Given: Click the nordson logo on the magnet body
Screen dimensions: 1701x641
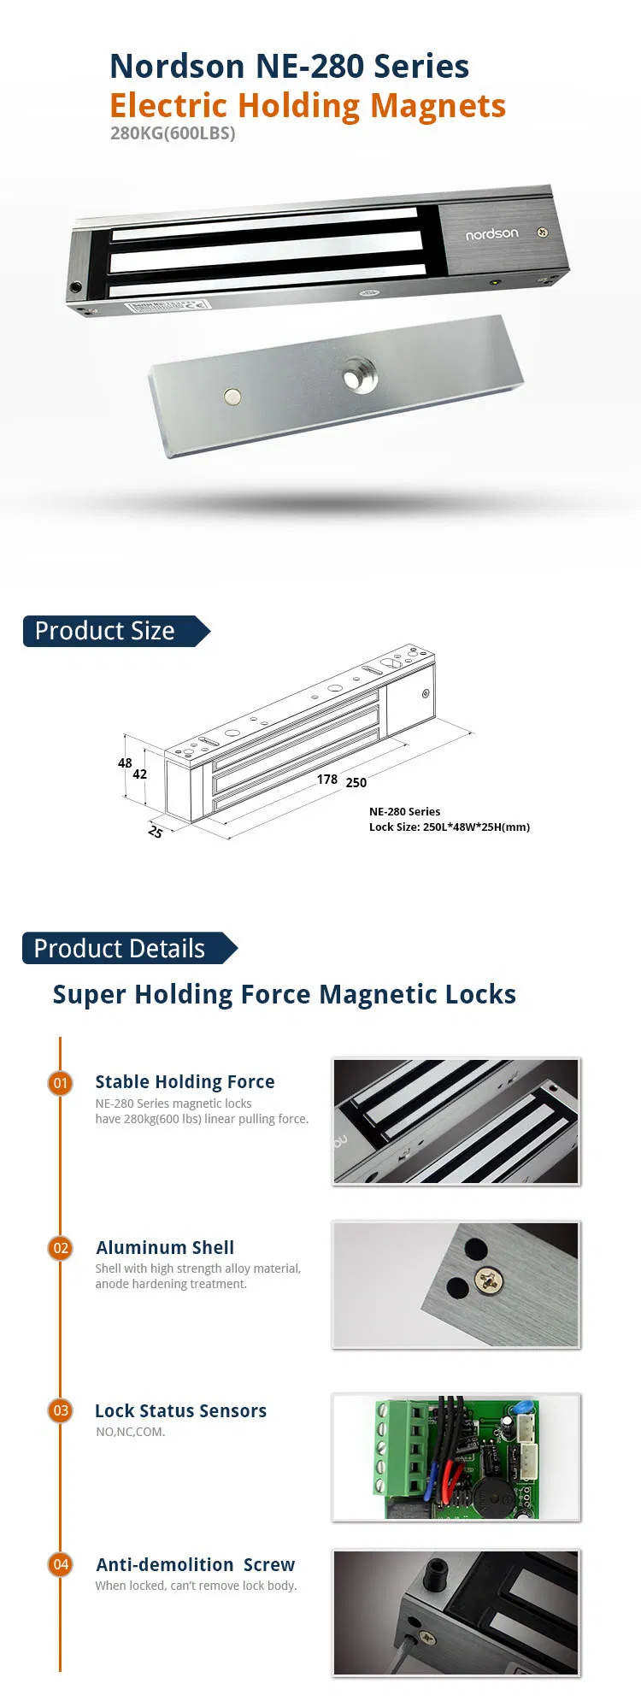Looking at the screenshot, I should coord(491,234).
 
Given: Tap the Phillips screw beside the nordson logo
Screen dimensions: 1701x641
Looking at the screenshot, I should coord(542,232).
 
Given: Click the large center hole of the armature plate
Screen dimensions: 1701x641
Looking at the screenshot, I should coord(359,378).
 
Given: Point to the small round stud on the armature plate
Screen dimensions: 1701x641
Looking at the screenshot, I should coord(232,397).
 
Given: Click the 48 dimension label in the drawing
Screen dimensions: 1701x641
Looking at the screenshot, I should coord(125,763).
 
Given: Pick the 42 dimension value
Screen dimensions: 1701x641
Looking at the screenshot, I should coord(139,774).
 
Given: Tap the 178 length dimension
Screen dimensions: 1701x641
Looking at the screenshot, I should coord(326,780).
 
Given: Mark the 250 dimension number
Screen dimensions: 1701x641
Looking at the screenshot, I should coord(356,782).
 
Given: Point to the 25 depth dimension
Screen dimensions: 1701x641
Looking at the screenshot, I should coord(156,832).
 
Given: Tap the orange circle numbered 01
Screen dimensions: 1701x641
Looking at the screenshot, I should coord(61,1083).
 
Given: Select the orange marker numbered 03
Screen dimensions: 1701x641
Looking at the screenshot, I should coord(61,1410).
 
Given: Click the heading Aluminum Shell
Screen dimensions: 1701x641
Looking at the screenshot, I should coord(165,1248).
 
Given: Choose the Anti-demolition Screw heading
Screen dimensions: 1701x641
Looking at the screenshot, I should coord(195,1565).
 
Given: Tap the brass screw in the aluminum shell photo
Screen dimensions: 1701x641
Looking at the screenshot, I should coord(488,1280).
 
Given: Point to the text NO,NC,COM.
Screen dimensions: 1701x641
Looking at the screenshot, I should coord(131,1432).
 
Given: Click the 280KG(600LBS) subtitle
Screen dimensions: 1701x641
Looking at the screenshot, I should coord(173,133).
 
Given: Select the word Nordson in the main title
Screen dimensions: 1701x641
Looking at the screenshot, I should coord(177,67).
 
